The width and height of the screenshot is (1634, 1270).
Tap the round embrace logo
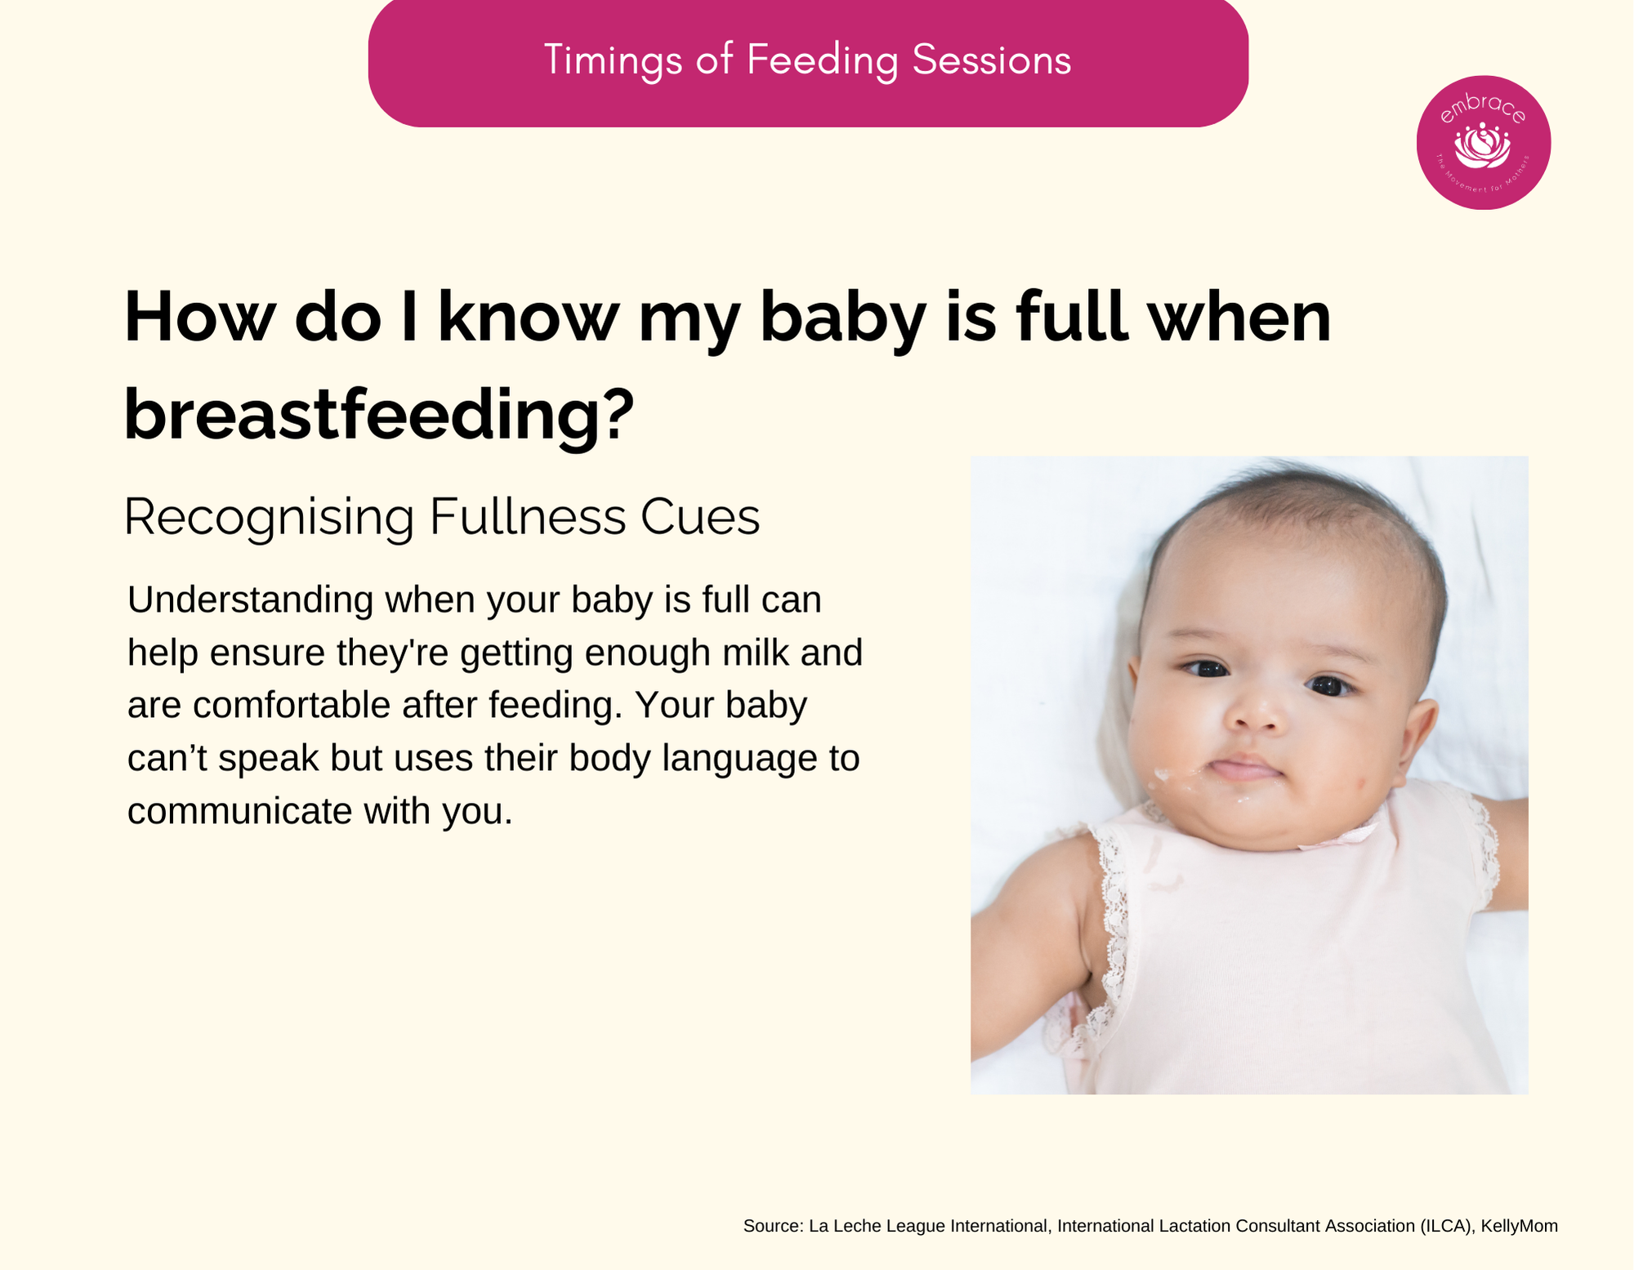[x=1484, y=143]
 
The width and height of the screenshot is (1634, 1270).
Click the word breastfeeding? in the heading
[x=379, y=415]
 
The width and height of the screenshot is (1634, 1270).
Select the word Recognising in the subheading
[x=269, y=518]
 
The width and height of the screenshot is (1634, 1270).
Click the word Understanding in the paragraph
[x=250, y=601]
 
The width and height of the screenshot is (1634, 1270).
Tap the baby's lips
[x=1243, y=769]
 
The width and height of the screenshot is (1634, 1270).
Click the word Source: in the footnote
[x=774, y=1226]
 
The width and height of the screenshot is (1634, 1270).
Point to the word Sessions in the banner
[x=992, y=60]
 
